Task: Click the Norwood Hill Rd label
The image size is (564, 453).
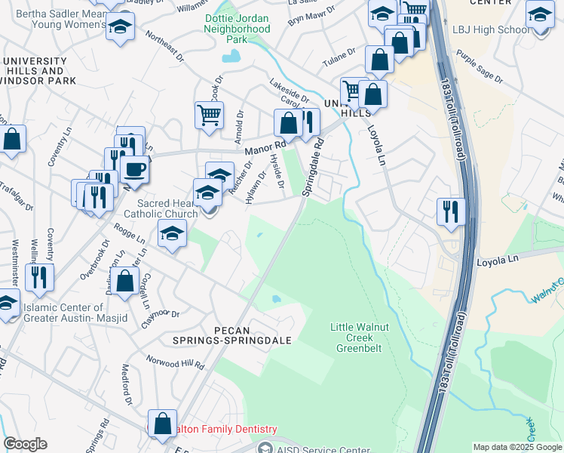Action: click(x=175, y=363)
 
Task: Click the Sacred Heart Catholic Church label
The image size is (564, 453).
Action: click(x=167, y=208)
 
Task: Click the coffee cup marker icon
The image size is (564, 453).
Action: click(x=135, y=169)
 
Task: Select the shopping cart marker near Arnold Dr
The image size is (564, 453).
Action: click(x=209, y=116)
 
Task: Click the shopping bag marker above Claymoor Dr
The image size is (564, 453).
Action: click(x=126, y=280)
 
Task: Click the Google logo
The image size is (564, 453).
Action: click(x=25, y=444)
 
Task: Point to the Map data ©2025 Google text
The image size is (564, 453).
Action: click(x=516, y=447)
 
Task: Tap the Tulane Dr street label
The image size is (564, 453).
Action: click(x=340, y=55)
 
